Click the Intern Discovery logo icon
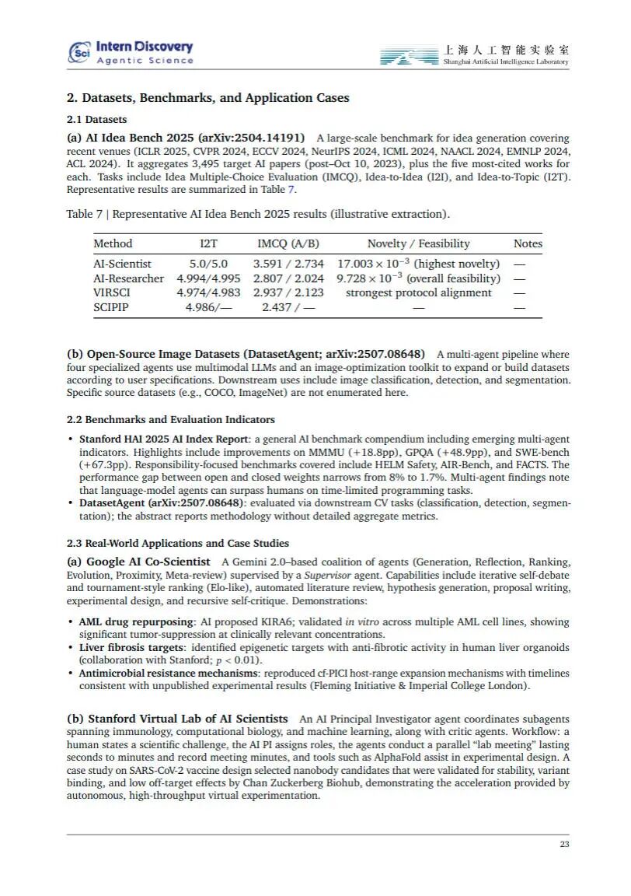pyautogui.click(x=80, y=51)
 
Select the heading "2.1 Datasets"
pyautogui.click(x=96, y=120)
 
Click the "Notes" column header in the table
pyautogui.click(x=528, y=243)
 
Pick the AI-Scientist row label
pyautogui.click(x=122, y=264)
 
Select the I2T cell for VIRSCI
pyautogui.click(x=207, y=292)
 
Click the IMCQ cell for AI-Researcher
pyautogui.click(x=288, y=278)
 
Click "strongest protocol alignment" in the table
pyautogui.click(x=418, y=292)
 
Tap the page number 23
pyautogui.click(x=564, y=845)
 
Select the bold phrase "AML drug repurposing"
pyautogui.click(x=136, y=622)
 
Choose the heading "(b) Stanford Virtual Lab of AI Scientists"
pyautogui.click(x=177, y=719)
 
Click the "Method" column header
pyautogui.click(x=113, y=243)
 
